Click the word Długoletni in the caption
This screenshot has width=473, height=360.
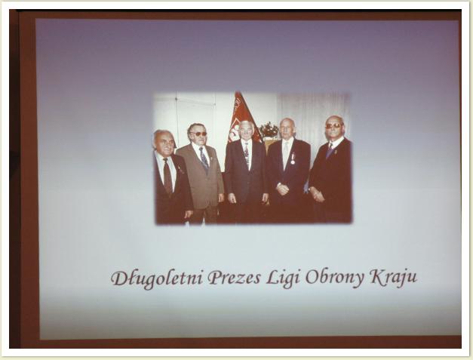click(157, 278)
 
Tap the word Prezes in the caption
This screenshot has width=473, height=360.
click(235, 277)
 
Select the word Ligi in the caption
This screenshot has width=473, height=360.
click(283, 278)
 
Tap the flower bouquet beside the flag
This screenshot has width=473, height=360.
click(269, 130)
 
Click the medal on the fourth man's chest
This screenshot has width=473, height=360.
click(293, 159)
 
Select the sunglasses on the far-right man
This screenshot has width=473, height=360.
click(333, 125)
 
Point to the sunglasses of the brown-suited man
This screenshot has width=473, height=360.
click(198, 134)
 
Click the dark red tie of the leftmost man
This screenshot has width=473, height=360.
click(167, 177)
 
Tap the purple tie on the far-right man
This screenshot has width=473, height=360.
click(330, 150)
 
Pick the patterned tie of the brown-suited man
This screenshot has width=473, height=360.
click(204, 159)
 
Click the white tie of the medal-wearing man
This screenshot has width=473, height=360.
click(285, 155)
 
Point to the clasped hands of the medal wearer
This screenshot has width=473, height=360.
click(283, 189)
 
